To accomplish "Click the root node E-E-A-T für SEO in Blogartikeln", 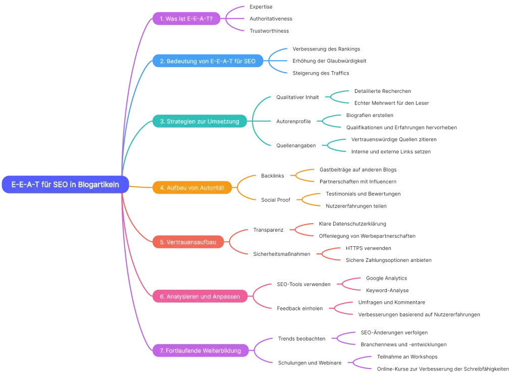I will [65, 185].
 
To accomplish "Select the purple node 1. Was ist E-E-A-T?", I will [186, 19].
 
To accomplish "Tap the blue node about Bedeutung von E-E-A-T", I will [208, 61].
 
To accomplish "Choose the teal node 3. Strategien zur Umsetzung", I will [199, 122].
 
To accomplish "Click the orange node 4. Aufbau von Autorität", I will [191, 188].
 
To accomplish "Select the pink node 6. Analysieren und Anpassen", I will [199, 296].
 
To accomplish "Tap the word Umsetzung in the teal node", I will [223, 122].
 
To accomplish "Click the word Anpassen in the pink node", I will [226, 296].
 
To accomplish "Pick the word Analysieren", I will [182, 296].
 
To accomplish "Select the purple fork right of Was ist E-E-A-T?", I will [235, 19].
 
